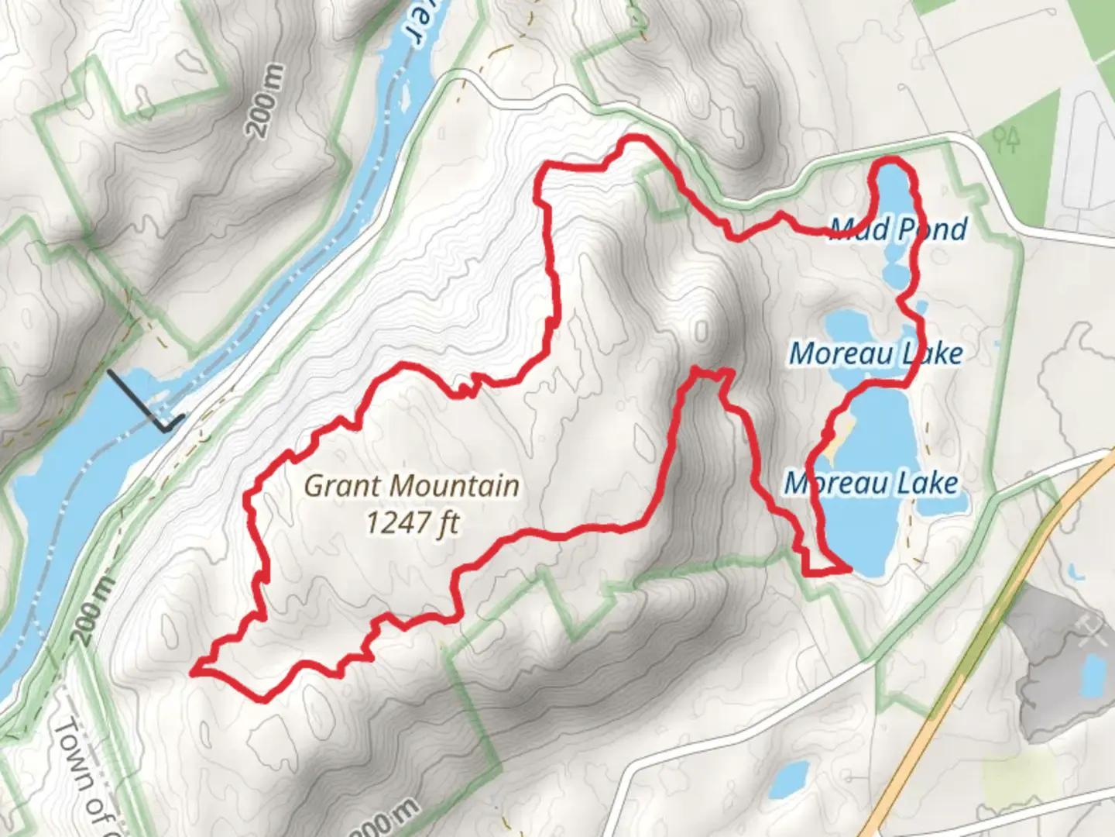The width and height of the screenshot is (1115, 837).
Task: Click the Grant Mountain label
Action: tap(411, 486)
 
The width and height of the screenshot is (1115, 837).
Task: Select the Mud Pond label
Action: tap(898, 229)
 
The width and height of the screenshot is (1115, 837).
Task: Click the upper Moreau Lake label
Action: tap(876, 353)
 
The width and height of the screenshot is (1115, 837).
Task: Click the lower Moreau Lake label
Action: tap(871, 483)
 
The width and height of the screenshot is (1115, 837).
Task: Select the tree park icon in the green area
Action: tap(1008, 139)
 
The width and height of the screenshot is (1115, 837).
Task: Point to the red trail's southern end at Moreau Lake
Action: tap(849, 570)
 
